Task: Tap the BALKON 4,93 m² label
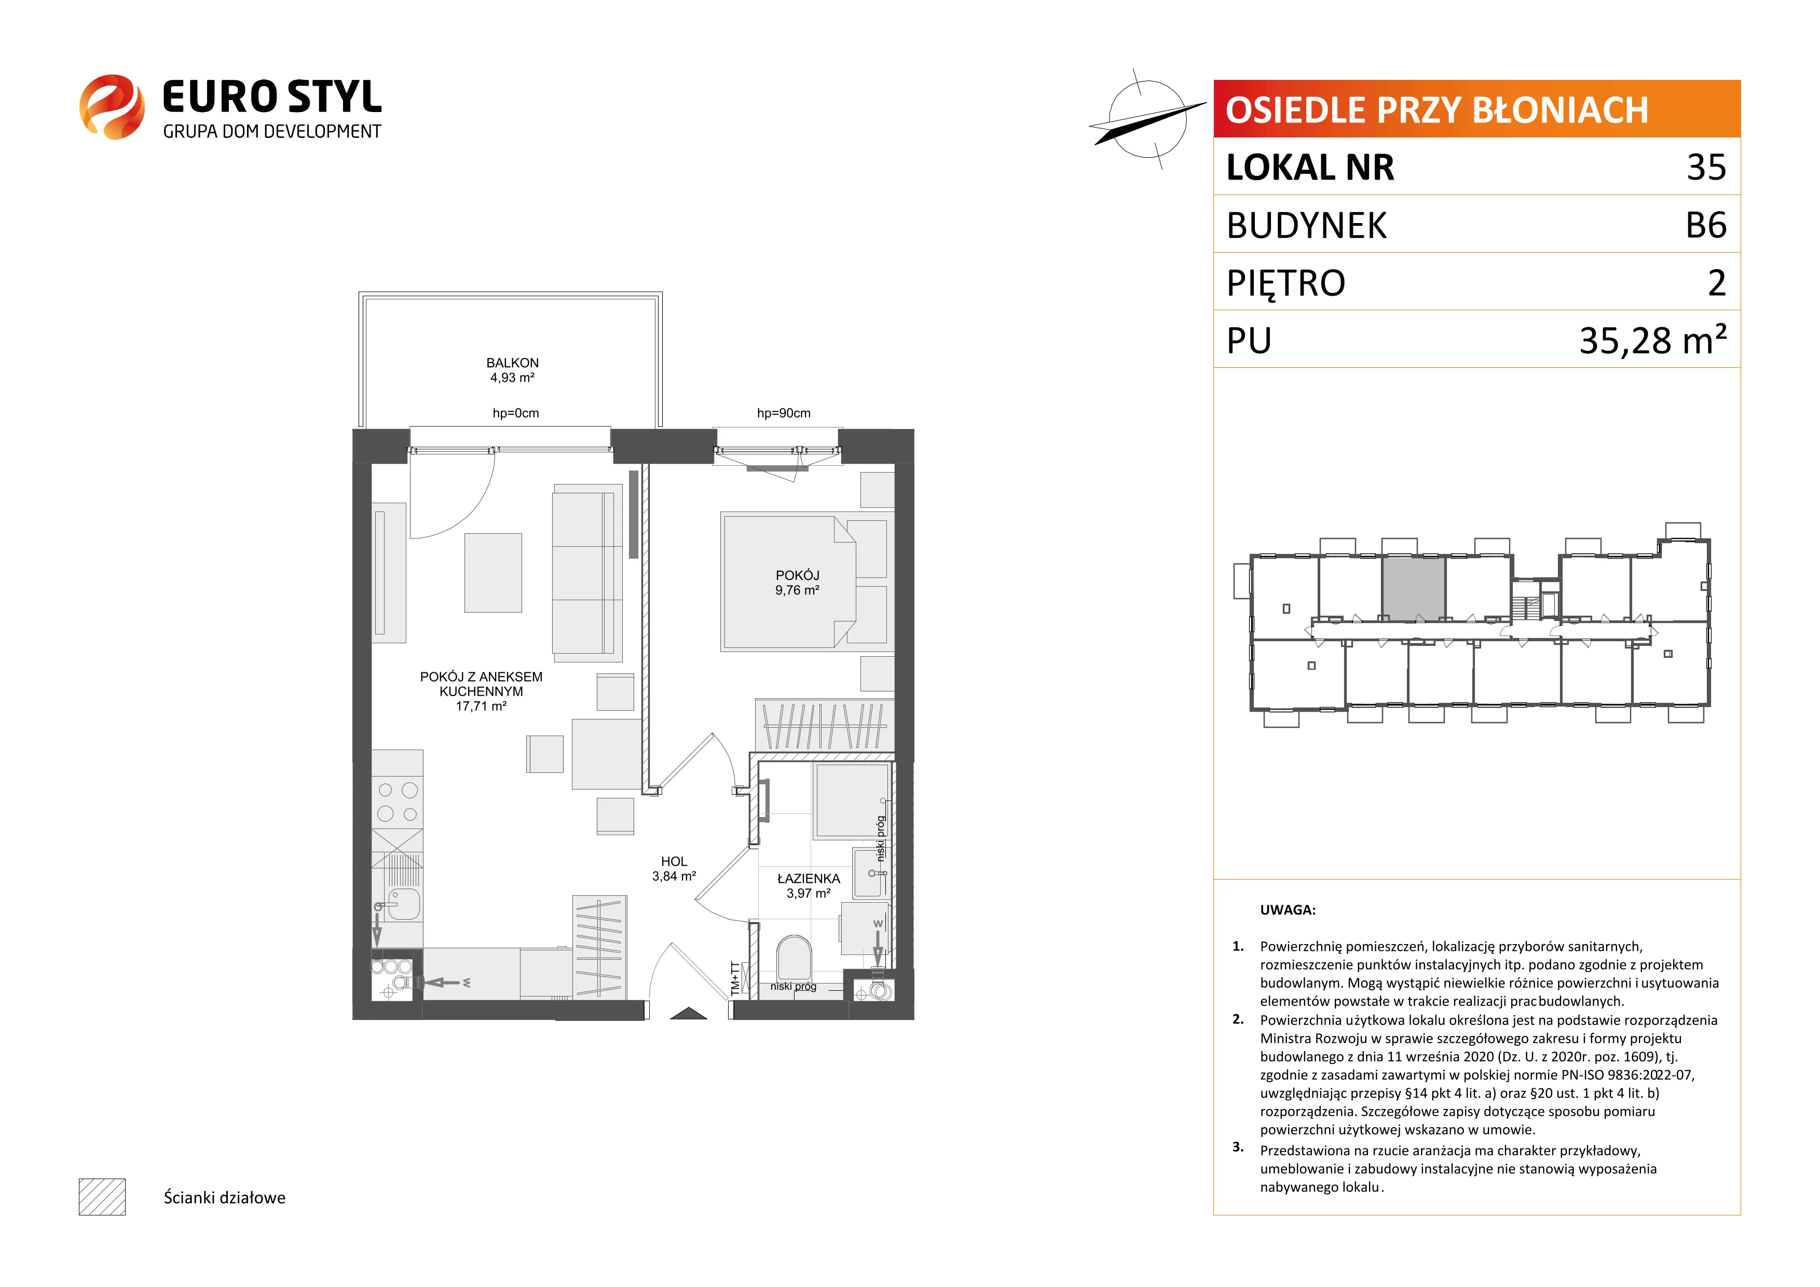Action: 512,370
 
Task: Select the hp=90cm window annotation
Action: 783,413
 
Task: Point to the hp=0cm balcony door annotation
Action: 515,413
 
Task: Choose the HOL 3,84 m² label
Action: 674,868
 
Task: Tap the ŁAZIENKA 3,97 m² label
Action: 809,886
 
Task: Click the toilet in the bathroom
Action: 793,959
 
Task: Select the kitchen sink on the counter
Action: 403,904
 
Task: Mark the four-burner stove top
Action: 397,802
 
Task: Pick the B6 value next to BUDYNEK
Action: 1706,225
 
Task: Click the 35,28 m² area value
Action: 1653,339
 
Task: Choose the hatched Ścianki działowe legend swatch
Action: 102,1197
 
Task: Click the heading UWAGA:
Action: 1288,910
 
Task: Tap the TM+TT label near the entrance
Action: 735,979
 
